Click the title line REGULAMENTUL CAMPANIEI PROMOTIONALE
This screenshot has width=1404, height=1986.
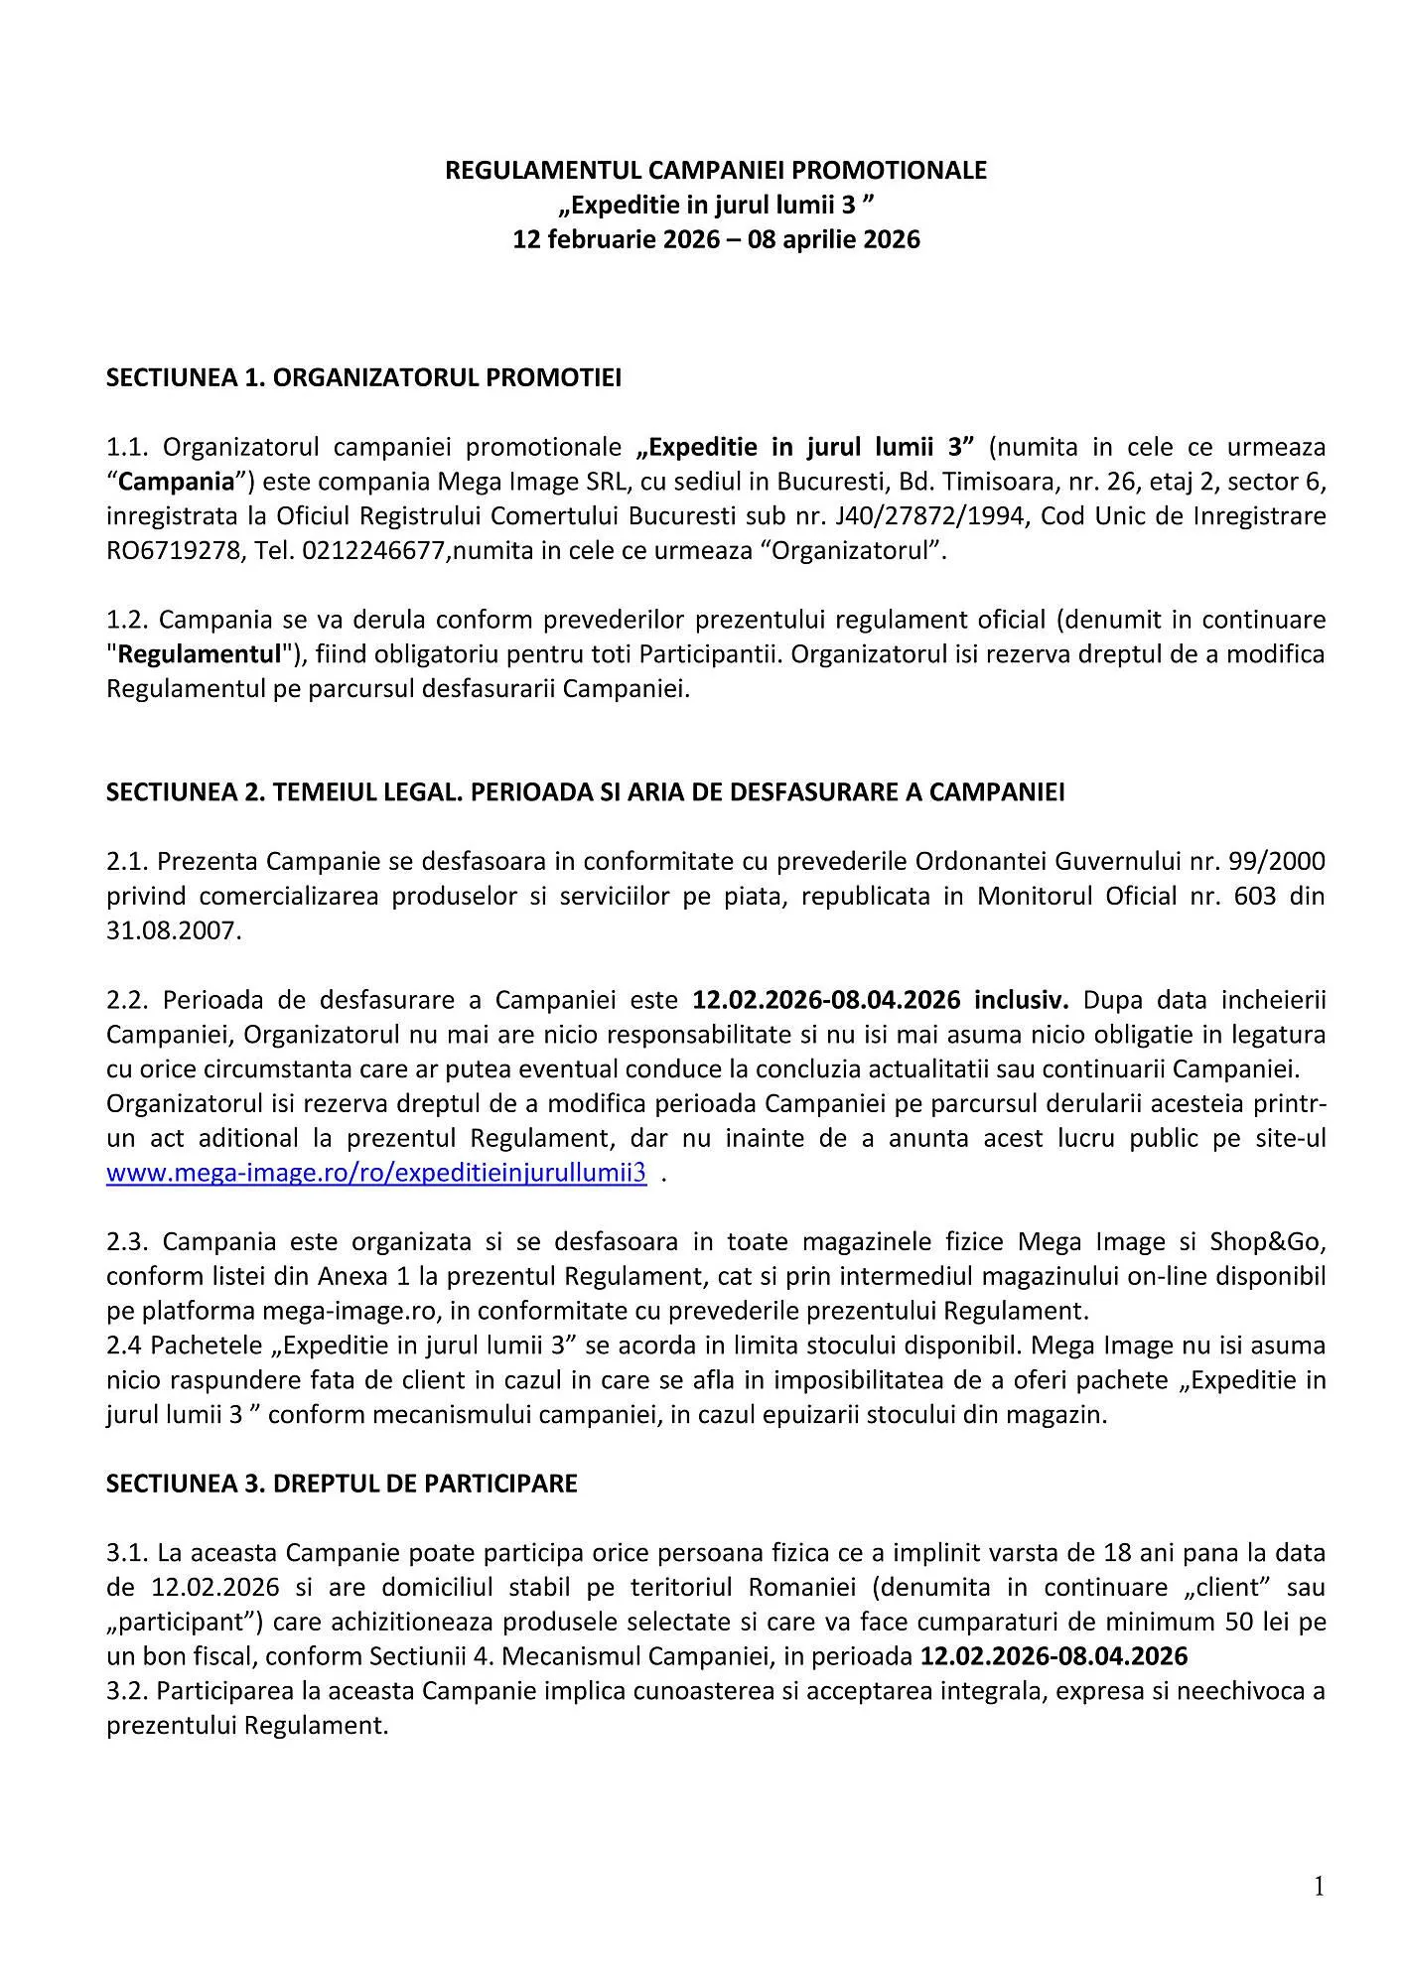(715, 171)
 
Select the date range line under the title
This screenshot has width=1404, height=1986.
(715, 239)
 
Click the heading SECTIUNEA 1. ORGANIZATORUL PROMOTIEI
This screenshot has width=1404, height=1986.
(363, 378)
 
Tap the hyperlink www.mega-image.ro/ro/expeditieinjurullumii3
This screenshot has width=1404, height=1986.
(376, 1173)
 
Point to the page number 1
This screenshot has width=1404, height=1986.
(1319, 1887)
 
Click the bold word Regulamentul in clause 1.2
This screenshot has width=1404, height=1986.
(200, 655)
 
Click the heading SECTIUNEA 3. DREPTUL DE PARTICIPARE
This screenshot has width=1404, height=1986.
(342, 1484)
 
